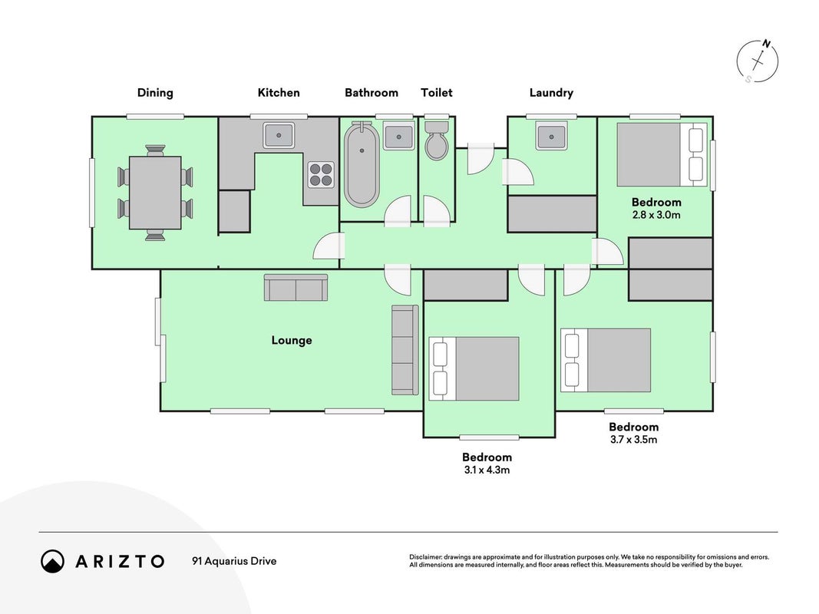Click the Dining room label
[155, 93]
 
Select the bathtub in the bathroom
[362, 164]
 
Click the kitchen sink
[279, 135]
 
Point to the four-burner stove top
[321, 174]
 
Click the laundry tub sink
[552, 137]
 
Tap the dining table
[155, 193]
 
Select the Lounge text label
[292, 341]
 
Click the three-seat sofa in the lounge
[405, 350]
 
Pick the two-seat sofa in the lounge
[296, 288]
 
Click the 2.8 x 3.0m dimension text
[656, 215]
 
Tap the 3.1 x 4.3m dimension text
[487, 470]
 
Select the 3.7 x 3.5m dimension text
[633, 440]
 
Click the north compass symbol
[758, 61]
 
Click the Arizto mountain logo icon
[52, 561]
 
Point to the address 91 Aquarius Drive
[235, 561]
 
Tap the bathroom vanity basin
[398, 137]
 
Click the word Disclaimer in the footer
[426, 557]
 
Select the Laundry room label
[552, 93]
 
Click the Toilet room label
[437, 93]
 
